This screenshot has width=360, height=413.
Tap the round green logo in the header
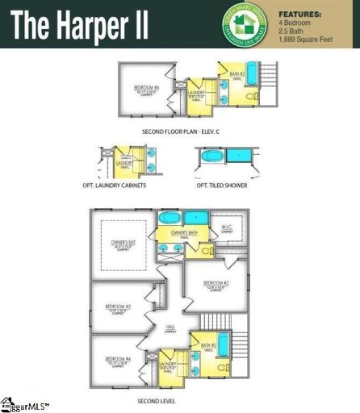click(x=249, y=24)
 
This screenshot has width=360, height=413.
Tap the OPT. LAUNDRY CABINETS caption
click(x=123, y=186)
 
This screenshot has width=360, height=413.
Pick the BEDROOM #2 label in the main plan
click(x=218, y=283)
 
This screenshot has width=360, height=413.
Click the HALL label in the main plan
click(x=171, y=327)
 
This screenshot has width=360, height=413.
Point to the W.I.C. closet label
click(x=227, y=227)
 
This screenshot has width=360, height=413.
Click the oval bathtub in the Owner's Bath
click(x=170, y=219)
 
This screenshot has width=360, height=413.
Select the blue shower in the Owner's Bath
click(x=195, y=219)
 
